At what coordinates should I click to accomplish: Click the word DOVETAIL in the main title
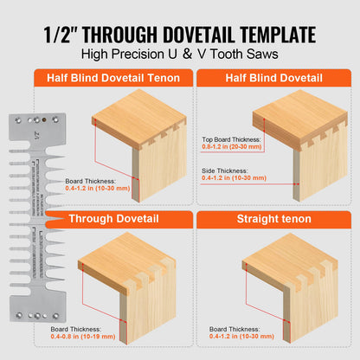[201, 35]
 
